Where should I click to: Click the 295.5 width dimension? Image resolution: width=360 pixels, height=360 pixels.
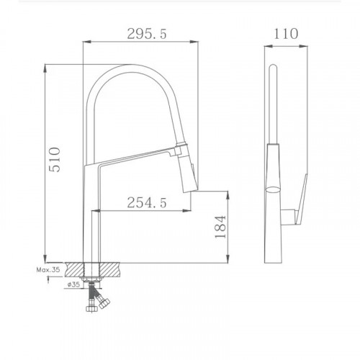pyautogui.click(x=143, y=34)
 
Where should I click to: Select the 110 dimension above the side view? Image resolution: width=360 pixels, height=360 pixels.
pyautogui.click(x=285, y=34)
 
